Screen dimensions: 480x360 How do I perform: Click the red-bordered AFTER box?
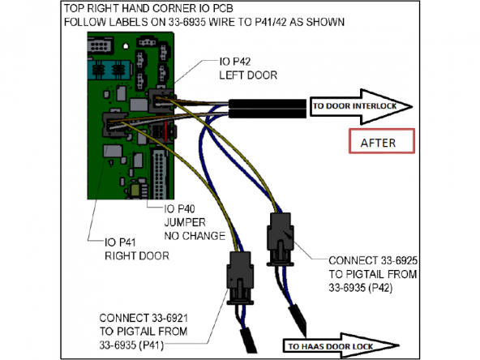(382, 141)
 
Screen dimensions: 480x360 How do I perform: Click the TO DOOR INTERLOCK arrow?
(362, 106)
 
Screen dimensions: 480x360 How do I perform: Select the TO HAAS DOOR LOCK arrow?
(341, 346)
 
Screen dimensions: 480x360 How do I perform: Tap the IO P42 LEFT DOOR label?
(248, 68)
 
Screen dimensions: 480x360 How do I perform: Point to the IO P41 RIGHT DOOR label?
(136, 249)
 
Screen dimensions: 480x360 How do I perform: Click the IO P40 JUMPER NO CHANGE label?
(195, 222)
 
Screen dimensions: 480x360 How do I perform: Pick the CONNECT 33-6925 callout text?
(373, 274)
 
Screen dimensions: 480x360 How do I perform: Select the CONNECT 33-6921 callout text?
(144, 332)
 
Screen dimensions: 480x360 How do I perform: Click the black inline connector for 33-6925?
(281, 239)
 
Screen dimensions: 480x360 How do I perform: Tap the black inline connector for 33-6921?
(240, 278)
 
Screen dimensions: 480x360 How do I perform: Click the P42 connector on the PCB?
(161, 101)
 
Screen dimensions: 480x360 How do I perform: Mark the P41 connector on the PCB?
(114, 125)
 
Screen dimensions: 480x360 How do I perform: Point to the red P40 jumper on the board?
(165, 131)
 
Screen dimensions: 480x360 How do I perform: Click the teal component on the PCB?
(109, 70)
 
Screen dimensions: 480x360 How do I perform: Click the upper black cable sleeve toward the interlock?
(268, 104)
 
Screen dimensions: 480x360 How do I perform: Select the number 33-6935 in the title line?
(186, 23)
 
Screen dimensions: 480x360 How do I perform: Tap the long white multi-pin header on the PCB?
(160, 174)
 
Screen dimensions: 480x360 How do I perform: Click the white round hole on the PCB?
(126, 46)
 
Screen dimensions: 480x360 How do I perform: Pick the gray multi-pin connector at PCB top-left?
(99, 46)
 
